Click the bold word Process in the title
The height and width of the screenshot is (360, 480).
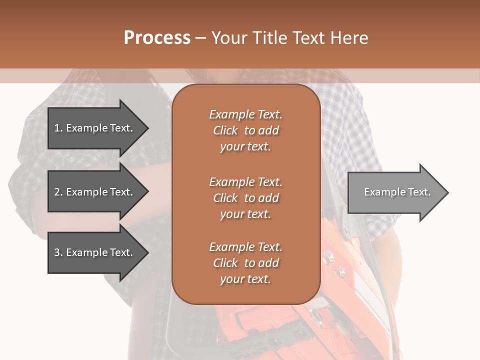pos(157,37)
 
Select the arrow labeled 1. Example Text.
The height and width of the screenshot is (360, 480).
pos(95,128)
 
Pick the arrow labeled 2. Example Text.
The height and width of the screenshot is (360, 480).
pos(95,192)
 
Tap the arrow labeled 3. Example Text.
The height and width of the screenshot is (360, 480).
pos(95,252)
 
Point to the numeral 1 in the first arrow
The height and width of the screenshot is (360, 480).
pos(57,128)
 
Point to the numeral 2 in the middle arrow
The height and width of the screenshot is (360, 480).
pos(57,192)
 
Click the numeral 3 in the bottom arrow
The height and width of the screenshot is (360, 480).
pos(57,252)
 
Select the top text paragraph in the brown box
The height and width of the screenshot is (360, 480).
pos(245,130)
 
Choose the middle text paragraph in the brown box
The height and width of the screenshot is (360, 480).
pos(245,198)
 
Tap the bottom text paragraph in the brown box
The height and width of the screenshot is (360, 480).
pos(245,263)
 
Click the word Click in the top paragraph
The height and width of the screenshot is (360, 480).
pos(225,130)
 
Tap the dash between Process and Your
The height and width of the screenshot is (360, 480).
pos(200,38)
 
